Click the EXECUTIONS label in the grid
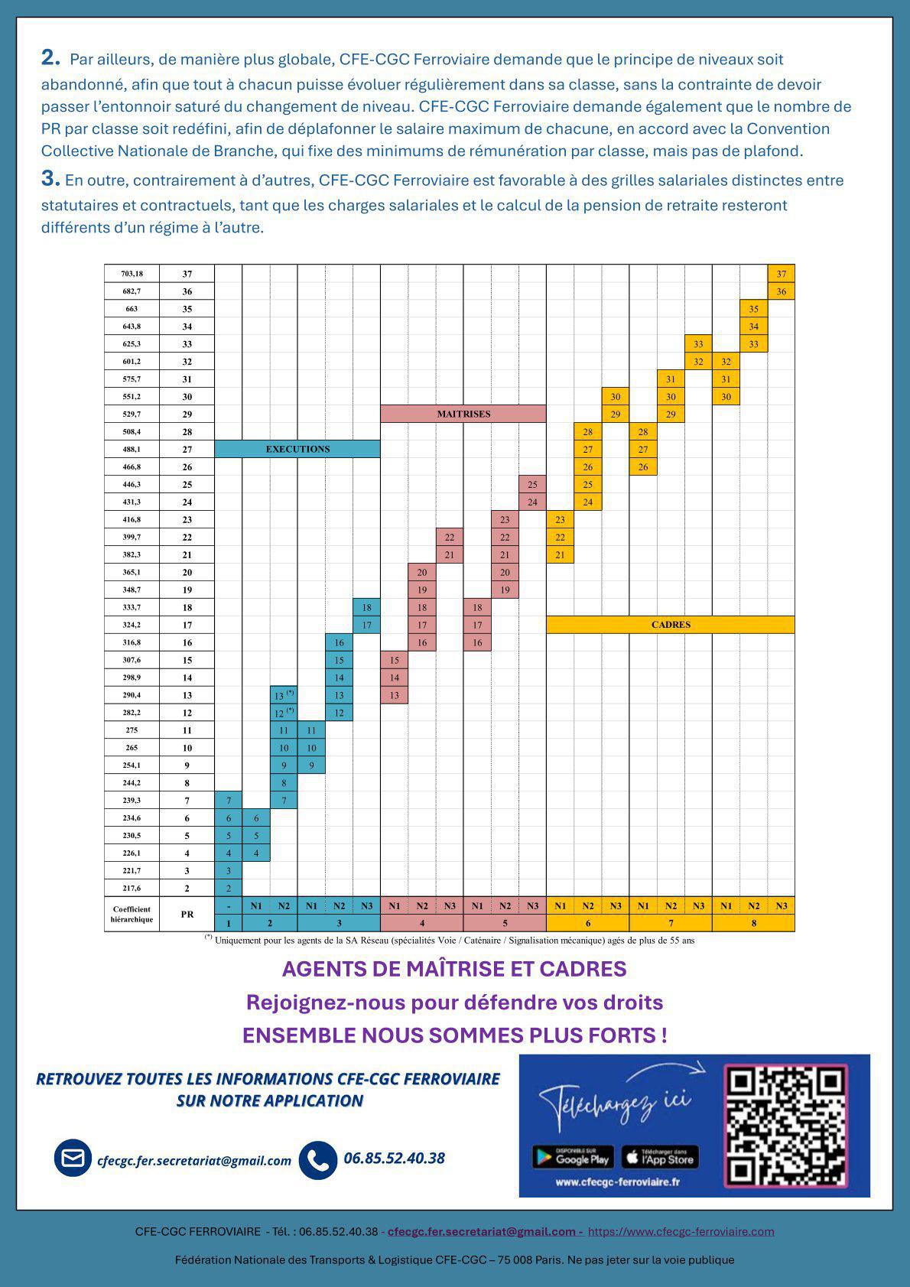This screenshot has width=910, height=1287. pos(297,449)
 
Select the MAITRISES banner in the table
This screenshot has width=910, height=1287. pos(463,414)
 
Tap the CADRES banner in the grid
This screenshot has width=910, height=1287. pos(671,625)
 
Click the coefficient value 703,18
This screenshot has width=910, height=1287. pos(132,274)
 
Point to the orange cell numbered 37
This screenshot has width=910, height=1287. pos(781,274)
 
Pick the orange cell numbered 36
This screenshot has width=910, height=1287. pos(781,291)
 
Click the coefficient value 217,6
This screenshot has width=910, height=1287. pos(132,888)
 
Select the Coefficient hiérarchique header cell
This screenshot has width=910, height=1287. pos(132,914)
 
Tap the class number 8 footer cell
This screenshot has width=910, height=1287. pos(753,923)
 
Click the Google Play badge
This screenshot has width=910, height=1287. pos(573,1157)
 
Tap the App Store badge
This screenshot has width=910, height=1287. pos(660,1157)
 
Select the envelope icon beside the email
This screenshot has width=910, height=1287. pos(73,1159)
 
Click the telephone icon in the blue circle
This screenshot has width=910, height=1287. pos(317,1159)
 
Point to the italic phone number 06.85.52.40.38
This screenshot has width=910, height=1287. pos(394,1158)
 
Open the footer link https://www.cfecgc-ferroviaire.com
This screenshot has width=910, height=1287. pos(681,1231)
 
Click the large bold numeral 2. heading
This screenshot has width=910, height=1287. pos(50,58)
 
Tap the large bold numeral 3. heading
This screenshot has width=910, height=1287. pos(50,180)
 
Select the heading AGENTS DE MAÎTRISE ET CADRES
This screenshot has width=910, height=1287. pos(454,969)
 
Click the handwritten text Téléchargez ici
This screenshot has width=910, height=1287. pos(616,1101)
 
